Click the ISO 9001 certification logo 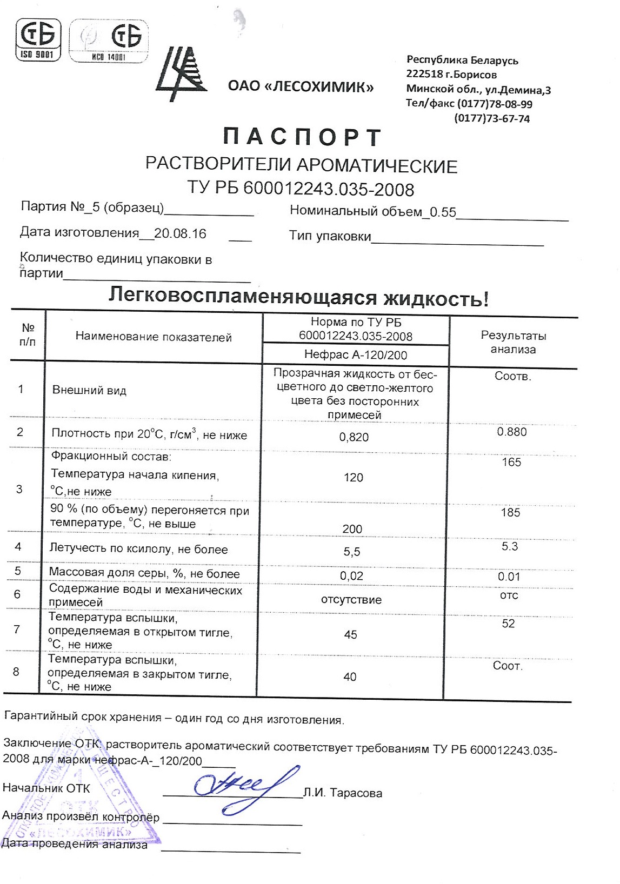[x=37, y=39]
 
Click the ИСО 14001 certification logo [x=109, y=41]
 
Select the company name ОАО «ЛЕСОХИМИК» [x=301, y=86]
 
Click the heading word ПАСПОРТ [x=303, y=137]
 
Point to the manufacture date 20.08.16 [x=180, y=233]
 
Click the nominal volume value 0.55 [x=443, y=212]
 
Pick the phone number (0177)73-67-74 [x=492, y=118]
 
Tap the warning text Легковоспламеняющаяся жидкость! [x=298, y=297]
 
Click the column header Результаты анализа [x=513, y=343]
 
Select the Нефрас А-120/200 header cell [x=356, y=354]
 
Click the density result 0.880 [x=511, y=432]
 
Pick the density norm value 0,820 [x=354, y=437]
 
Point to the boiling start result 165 [x=511, y=462]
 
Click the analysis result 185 [x=510, y=512]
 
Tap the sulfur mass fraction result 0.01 [x=509, y=577]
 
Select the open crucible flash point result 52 [x=508, y=624]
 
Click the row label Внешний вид [x=89, y=390]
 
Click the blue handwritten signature [x=243, y=787]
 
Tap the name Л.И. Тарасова [x=343, y=793]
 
